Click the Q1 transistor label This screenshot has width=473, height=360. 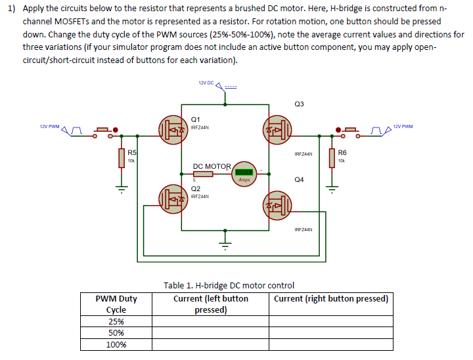pos(195,119)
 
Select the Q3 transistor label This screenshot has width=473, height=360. pos(300,104)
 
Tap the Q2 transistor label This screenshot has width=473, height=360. pos(195,189)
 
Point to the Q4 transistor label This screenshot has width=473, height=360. pos(300,179)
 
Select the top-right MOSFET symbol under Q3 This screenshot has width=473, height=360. pos(277,128)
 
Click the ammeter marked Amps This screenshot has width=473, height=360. pos(244,172)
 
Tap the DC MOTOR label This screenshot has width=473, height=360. pos(212,166)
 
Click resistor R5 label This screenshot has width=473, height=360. pos(132,152)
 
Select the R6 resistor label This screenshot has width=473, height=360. pos(342,152)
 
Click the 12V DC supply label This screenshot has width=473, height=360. pos(206,83)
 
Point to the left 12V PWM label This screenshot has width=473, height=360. pos(49,126)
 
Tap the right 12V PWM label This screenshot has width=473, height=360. pos(403,126)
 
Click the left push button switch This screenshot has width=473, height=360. pos(103,129)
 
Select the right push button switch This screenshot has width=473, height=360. pos(349,129)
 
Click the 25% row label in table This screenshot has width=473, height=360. pos(116,321)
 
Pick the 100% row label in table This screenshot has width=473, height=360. pos(116,344)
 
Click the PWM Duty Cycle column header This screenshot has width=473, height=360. pos(116,304)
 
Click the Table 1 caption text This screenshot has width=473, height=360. pos(229,285)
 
